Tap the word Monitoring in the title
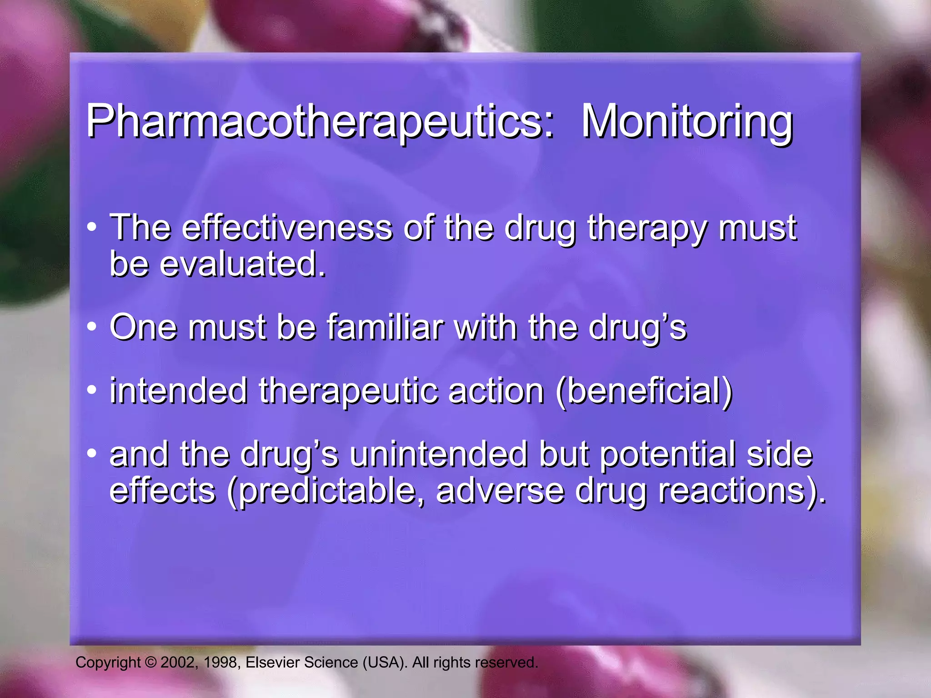pyautogui.click(x=687, y=122)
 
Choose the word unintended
pyautogui.click(x=438, y=454)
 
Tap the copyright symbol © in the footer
pyautogui.click(x=150, y=663)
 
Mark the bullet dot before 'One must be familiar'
pyautogui.click(x=92, y=326)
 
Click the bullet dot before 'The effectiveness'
pyautogui.click(x=92, y=226)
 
